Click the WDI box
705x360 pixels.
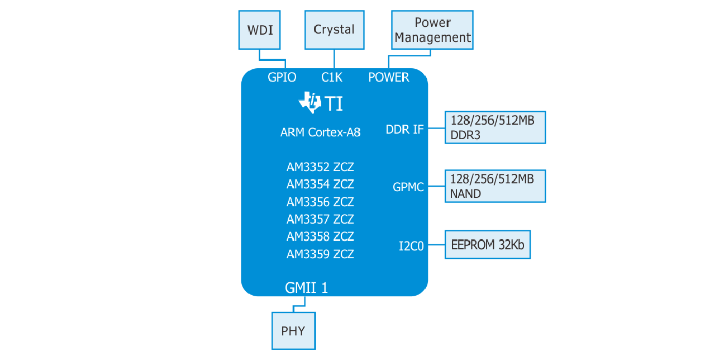(259, 30)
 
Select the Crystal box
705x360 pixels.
(334, 30)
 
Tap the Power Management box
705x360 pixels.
(432, 30)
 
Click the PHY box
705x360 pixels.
(294, 331)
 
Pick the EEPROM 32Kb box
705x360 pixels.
(488, 244)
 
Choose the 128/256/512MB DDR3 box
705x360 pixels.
(495, 127)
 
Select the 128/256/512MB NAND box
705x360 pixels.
(495, 186)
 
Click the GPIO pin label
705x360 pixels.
(282, 77)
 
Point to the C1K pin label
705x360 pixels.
(332, 77)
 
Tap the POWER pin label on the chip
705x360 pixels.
(389, 77)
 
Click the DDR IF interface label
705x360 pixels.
(405, 129)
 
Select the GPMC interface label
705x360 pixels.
(408, 187)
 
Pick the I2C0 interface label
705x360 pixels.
(411, 246)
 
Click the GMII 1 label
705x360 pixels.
(306, 287)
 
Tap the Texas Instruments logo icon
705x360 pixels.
(309, 102)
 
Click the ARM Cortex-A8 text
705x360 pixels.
(321, 132)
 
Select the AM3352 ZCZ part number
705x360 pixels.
(320, 167)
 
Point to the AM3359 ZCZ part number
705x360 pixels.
(320, 254)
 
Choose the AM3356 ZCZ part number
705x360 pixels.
(320, 202)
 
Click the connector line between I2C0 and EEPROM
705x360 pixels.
(436, 244)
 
